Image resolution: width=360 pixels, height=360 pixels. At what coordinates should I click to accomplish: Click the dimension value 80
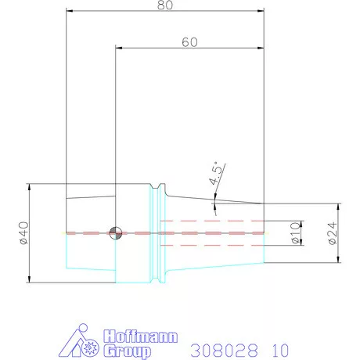coord(165,5)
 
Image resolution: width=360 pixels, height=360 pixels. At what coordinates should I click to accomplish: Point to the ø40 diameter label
coord(23,233)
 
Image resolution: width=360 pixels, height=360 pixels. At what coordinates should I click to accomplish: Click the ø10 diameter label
coord(295,234)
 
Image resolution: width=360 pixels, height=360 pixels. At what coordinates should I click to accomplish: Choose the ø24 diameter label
coord(332,234)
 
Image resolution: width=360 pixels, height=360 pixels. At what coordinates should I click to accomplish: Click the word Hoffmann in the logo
coord(140,337)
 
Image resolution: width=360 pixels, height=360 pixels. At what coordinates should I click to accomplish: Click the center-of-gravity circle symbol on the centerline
coord(116,232)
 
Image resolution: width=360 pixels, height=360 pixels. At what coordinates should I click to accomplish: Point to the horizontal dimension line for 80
coord(165,12)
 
